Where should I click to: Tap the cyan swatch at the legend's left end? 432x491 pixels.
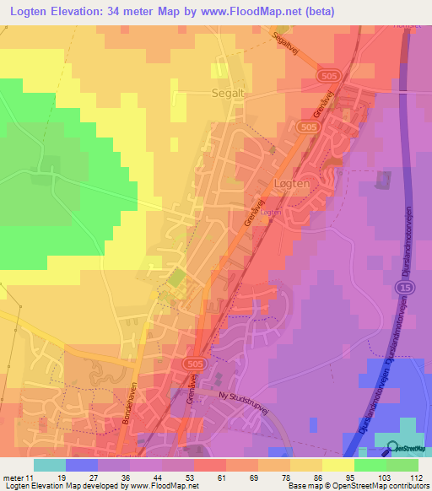(x=50, y=464)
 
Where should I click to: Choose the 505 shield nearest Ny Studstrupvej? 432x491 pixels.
(x=191, y=363)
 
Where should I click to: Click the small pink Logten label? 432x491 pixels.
(x=271, y=213)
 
